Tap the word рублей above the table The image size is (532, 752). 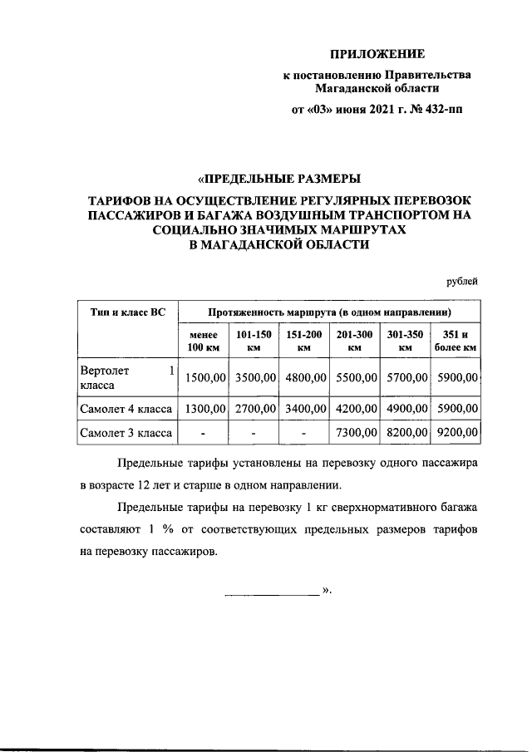coord(462,281)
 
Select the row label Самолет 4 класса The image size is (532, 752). coord(126,409)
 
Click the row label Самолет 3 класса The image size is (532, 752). coord(126,433)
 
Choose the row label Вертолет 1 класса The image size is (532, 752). coord(126,378)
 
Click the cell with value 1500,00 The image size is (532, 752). coord(205,378)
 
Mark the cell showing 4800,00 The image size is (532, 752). coord(305,378)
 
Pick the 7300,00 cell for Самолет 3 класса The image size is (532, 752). coord(355,433)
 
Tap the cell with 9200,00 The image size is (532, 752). coord(456,433)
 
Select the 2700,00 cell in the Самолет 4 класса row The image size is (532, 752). coord(255,409)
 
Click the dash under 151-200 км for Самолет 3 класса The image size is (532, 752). coord(304,433)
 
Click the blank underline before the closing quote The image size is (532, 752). coord(272,593)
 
